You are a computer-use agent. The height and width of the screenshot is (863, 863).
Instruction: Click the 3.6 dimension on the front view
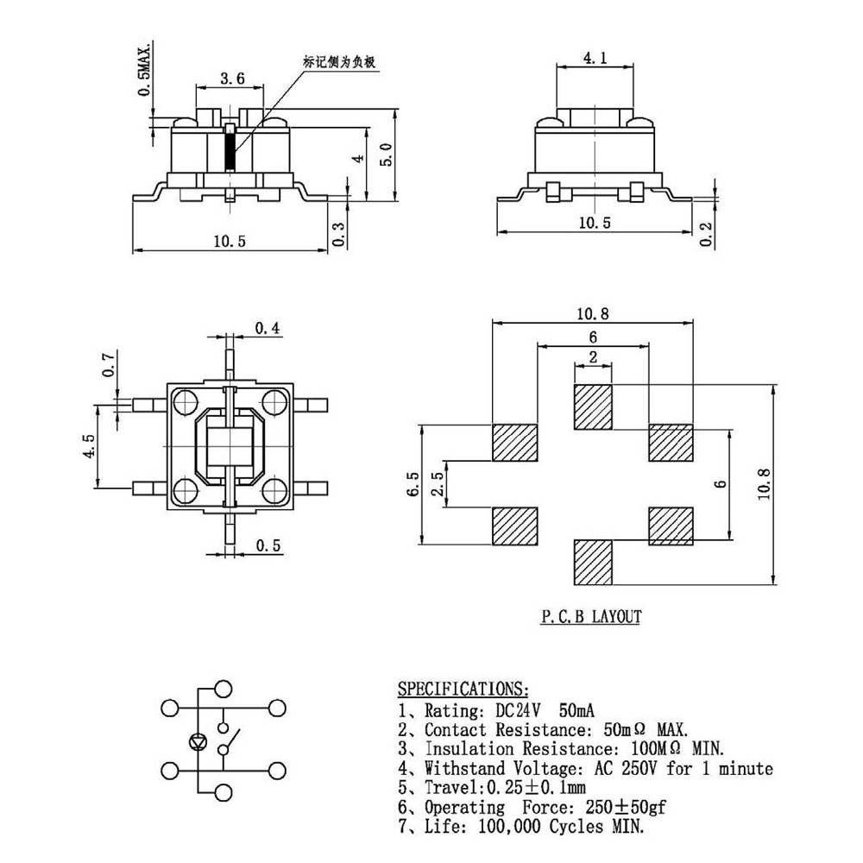tap(232, 79)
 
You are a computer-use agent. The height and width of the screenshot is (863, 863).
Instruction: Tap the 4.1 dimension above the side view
tap(595, 59)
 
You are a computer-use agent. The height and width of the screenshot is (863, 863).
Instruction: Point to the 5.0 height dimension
tap(387, 154)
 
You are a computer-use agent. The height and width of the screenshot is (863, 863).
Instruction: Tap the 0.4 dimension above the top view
tap(268, 328)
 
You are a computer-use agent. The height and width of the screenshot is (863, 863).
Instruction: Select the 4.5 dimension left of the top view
tap(88, 447)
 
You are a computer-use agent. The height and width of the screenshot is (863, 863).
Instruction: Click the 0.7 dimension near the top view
tap(108, 365)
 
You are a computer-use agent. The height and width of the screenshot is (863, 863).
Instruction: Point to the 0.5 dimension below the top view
tap(269, 545)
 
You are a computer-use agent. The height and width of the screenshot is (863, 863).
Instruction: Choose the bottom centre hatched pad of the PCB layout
tap(593, 562)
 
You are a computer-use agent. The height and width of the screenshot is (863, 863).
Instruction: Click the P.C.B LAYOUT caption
tap(591, 617)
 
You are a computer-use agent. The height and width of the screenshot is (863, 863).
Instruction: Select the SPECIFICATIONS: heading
tap(462, 689)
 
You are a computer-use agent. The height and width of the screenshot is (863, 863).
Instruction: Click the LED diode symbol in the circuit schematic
tap(198, 741)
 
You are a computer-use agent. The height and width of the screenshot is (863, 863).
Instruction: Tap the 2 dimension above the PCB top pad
tap(593, 356)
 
